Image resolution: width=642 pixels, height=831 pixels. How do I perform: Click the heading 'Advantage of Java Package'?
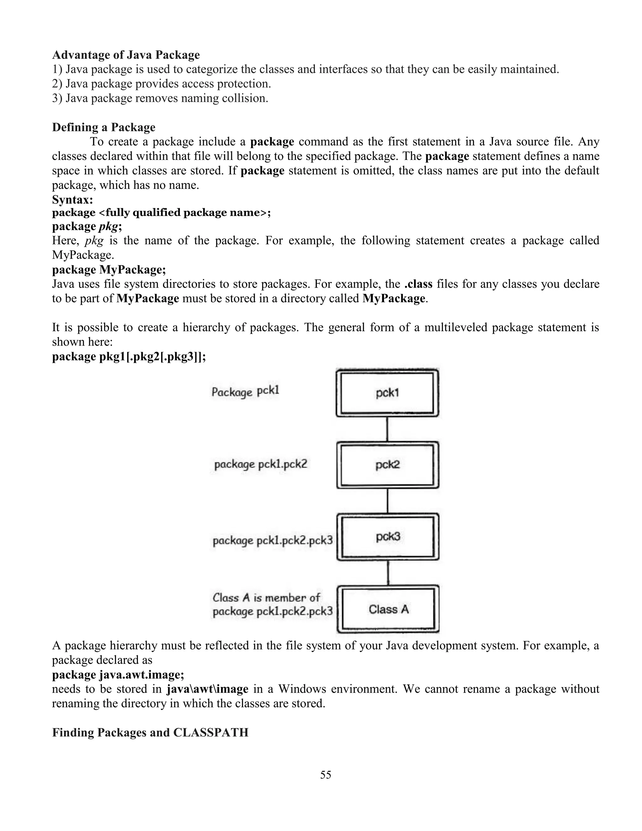pyautogui.click(x=126, y=55)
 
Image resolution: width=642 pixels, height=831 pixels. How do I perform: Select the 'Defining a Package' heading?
pyautogui.click(x=104, y=127)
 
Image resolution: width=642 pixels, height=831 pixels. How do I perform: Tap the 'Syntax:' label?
pyautogui.click(x=73, y=199)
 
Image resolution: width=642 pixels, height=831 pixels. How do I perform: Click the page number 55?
pyautogui.click(x=326, y=775)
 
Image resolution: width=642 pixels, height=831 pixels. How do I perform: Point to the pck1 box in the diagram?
pyautogui.click(x=387, y=393)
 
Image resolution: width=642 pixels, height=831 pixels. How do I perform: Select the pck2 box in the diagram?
pyautogui.click(x=387, y=465)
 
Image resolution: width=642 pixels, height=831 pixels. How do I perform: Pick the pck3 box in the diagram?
pyautogui.click(x=387, y=537)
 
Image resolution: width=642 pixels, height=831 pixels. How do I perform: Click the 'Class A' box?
pyautogui.click(x=388, y=609)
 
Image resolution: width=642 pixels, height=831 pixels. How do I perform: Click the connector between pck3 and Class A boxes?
pyautogui.click(x=388, y=573)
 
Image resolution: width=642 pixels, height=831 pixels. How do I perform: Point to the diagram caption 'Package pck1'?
pyautogui.click(x=245, y=392)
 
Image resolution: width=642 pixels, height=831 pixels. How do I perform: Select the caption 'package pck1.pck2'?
pyautogui.click(x=260, y=464)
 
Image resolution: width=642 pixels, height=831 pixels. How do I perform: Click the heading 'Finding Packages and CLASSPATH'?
pyautogui.click(x=150, y=733)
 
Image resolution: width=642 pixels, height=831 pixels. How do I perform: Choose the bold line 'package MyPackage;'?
pyautogui.click(x=109, y=270)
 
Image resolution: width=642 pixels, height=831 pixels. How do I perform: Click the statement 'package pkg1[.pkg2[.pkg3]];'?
pyautogui.click(x=129, y=357)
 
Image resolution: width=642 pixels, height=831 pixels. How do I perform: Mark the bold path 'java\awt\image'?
pyautogui.click(x=208, y=689)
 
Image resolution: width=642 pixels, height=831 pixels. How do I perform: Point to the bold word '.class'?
pyautogui.click(x=418, y=284)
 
